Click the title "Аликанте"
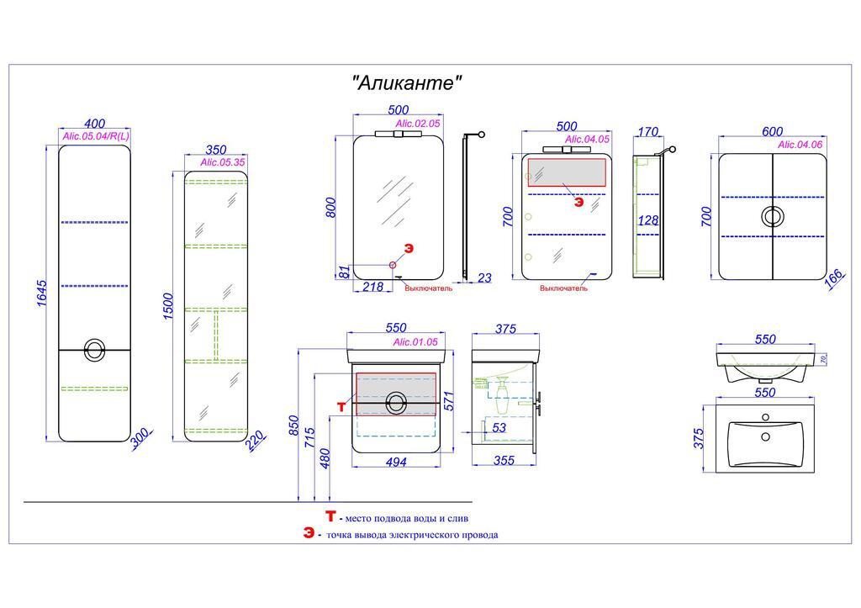click(407, 83)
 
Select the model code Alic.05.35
click(223, 162)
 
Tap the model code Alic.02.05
click(418, 124)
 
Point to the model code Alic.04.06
click(800, 145)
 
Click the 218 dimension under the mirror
click(372, 287)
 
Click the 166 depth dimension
click(834, 279)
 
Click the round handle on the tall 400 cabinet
click(95, 349)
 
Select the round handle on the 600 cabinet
click(772, 216)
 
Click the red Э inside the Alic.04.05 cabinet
click(578, 202)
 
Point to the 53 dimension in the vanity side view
click(499, 428)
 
